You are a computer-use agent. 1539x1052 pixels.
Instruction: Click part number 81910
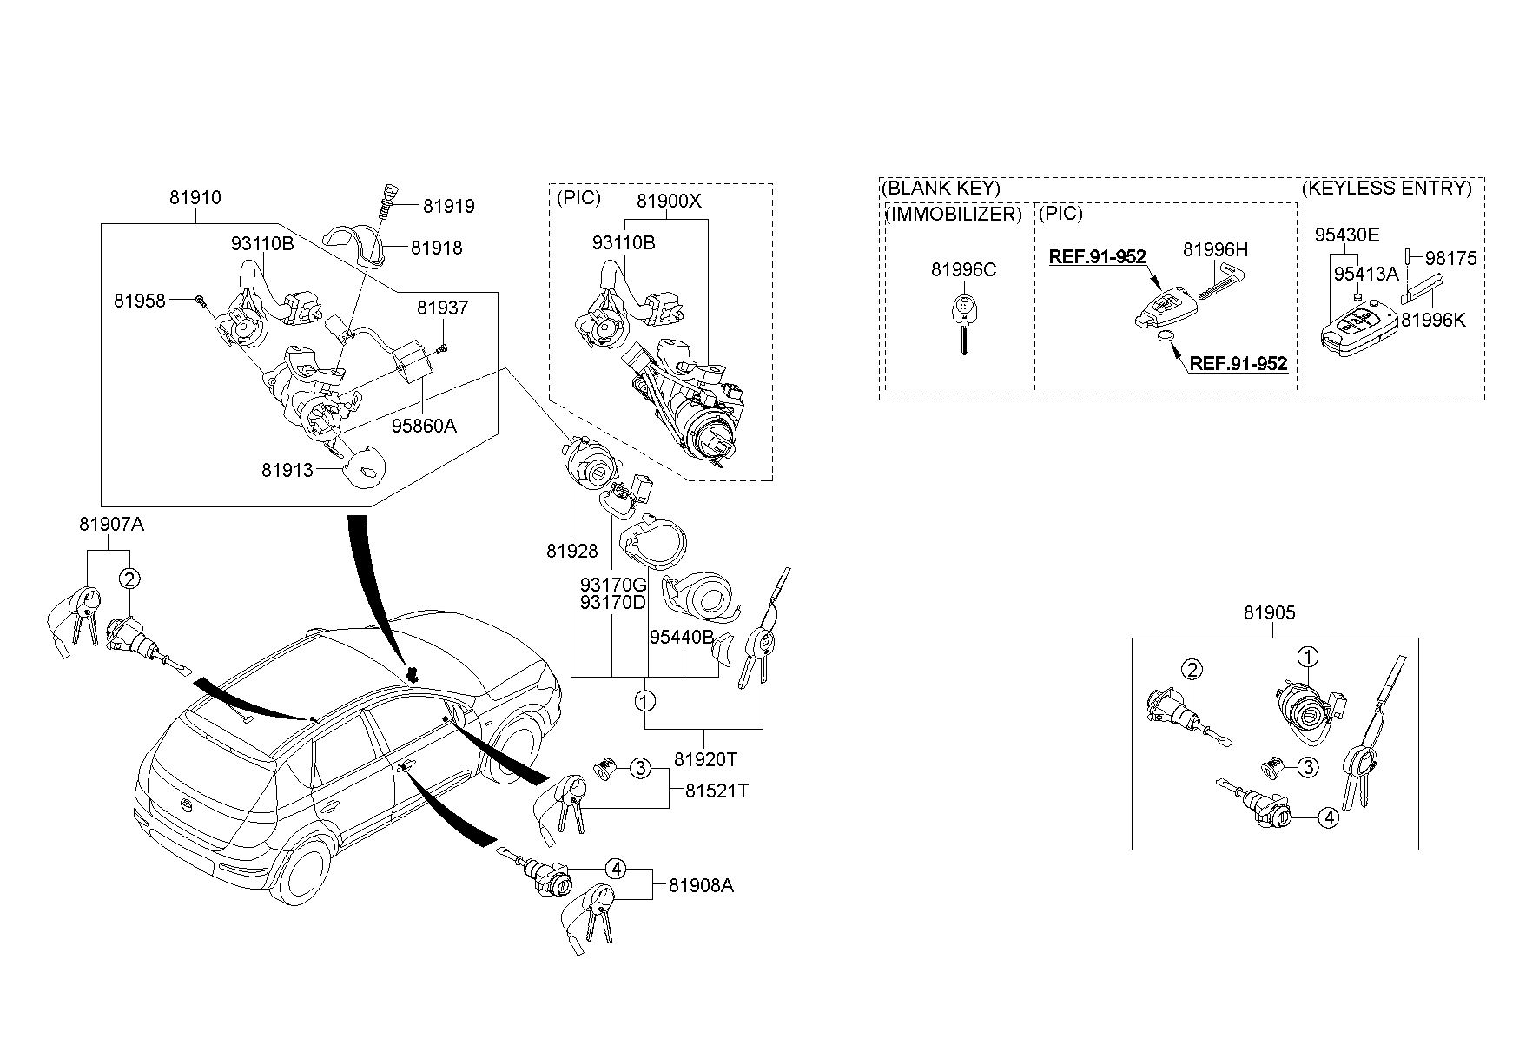click(x=195, y=197)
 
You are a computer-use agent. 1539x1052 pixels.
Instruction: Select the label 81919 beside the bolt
click(x=449, y=207)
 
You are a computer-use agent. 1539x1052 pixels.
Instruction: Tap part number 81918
click(x=437, y=248)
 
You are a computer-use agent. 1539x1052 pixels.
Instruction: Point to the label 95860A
click(x=424, y=426)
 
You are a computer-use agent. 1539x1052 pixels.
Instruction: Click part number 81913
click(x=287, y=470)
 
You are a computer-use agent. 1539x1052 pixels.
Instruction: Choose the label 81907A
click(x=111, y=525)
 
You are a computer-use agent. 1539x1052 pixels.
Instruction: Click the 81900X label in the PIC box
click(x=669, y=201)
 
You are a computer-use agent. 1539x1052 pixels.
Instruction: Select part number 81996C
click(x=963, y=270)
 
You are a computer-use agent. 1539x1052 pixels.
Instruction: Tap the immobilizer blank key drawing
click(x=963, y=322)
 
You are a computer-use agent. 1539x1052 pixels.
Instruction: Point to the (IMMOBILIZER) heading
click(x=953, y=214)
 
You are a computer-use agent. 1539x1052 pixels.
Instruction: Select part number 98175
click(x=1450, y=258)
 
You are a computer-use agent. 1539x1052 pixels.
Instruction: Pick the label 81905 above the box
click(x=1269, y=613)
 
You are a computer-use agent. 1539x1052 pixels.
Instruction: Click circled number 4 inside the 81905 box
click(x=1328, y=817)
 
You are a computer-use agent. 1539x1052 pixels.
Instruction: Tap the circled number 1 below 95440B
click(x=644, y=700)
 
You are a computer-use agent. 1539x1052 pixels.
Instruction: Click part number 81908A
click(x=701, y=886)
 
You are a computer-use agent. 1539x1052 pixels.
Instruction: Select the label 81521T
click(x=717, y=791)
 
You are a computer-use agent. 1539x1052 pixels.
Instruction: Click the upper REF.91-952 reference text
click(x=1097, y=257)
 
